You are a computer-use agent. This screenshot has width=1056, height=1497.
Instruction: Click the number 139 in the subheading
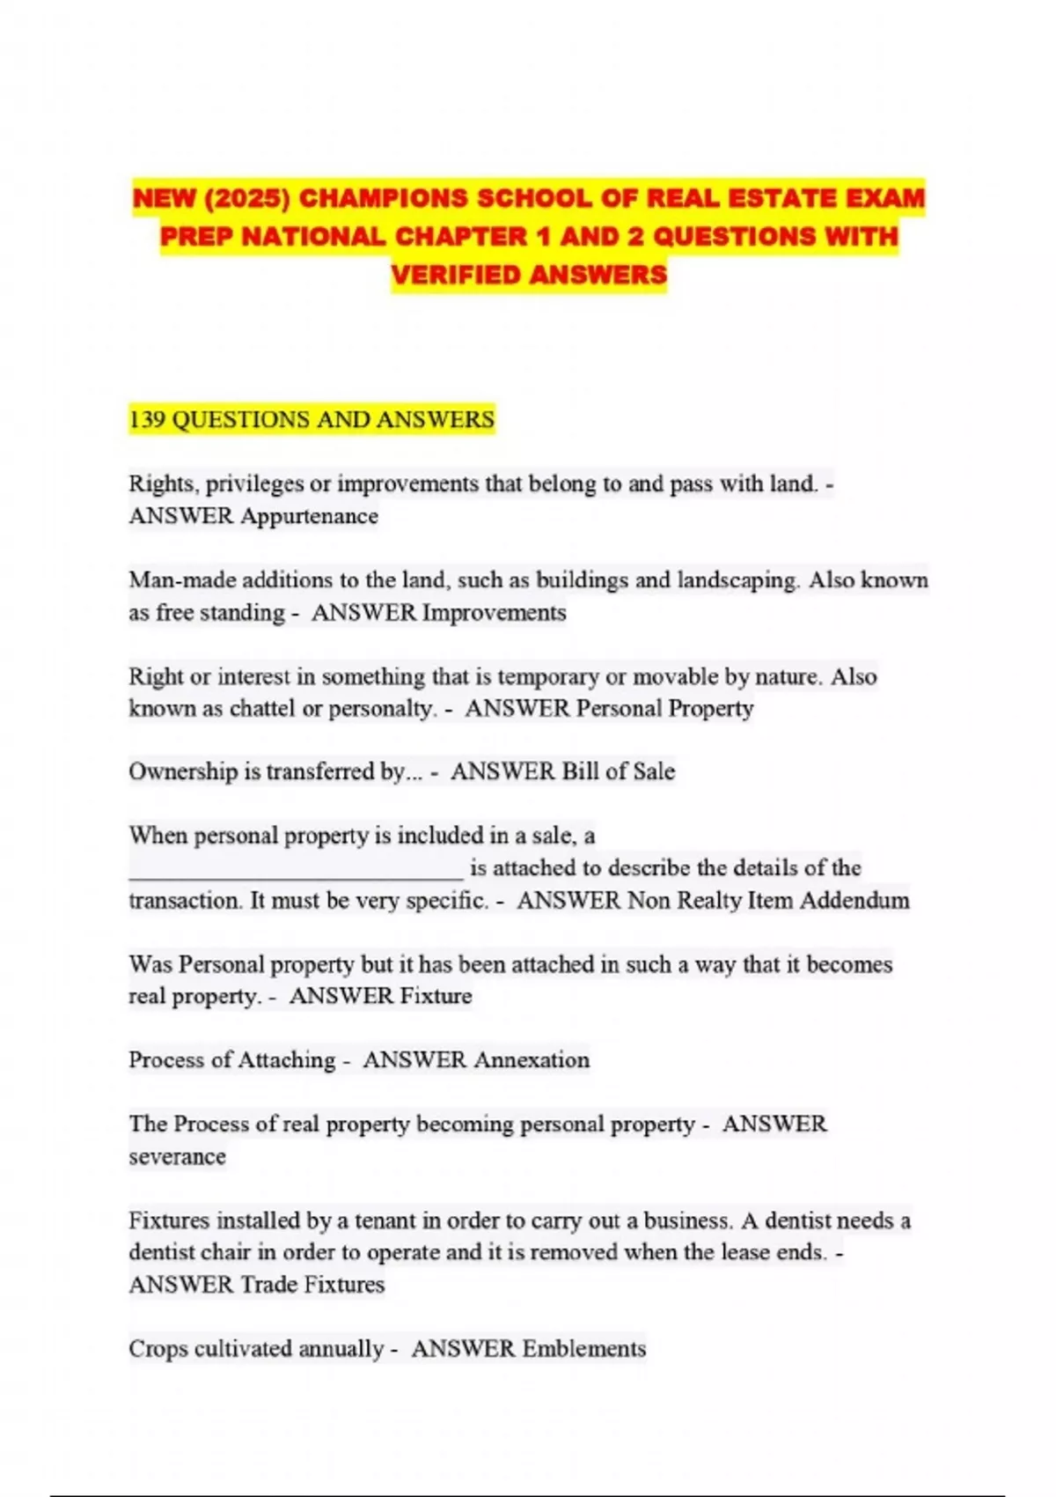[147, 419]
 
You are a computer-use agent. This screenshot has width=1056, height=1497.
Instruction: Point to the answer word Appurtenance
[310, 516]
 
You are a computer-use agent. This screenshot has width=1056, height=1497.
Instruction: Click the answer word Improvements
[495, 613]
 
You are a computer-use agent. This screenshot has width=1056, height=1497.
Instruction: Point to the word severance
[177, 1156]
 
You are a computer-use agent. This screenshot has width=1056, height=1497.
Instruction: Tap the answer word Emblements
[583, 1349]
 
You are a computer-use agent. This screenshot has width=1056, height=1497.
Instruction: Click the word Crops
[158, 1349]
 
